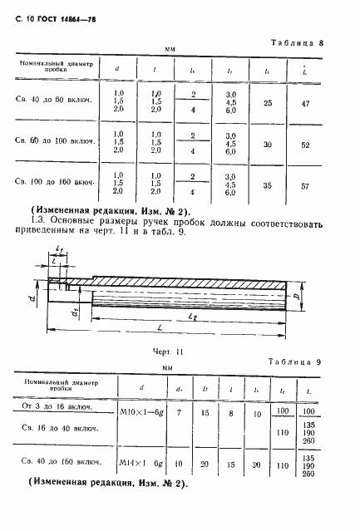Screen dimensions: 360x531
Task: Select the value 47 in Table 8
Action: (x=305, y=105)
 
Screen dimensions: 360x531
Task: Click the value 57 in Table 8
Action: (x=305, y=186)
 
